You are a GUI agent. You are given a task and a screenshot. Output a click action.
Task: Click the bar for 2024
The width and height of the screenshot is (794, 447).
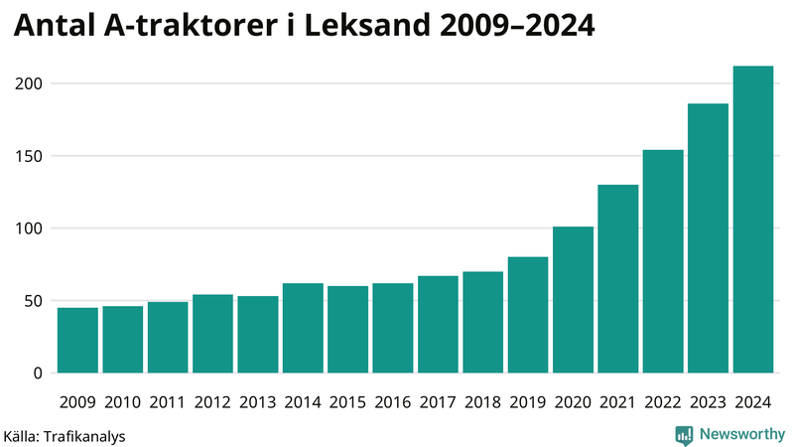coord(752,220)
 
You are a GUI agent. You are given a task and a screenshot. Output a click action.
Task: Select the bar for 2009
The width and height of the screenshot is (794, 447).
coord(77,340)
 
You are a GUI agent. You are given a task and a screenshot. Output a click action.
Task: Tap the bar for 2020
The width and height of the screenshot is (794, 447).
coord(573,300)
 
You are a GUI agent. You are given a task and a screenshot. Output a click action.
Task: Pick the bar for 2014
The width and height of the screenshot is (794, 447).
coord(303,328)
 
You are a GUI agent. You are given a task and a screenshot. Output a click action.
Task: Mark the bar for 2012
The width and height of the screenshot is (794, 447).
coord(212,334)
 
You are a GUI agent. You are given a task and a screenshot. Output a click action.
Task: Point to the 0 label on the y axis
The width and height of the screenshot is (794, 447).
coord(39,373)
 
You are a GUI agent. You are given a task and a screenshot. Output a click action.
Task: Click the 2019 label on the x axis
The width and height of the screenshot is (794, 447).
coord(528,402)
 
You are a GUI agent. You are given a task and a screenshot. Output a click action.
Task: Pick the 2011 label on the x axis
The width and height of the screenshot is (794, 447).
coord(168,402)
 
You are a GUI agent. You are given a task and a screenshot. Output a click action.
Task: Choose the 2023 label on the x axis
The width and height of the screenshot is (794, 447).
coord(708,402)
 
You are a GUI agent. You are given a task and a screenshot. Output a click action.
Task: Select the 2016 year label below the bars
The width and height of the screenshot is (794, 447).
coord(393,402)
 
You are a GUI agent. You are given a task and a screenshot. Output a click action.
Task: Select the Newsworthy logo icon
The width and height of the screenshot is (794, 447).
coord(684,434)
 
